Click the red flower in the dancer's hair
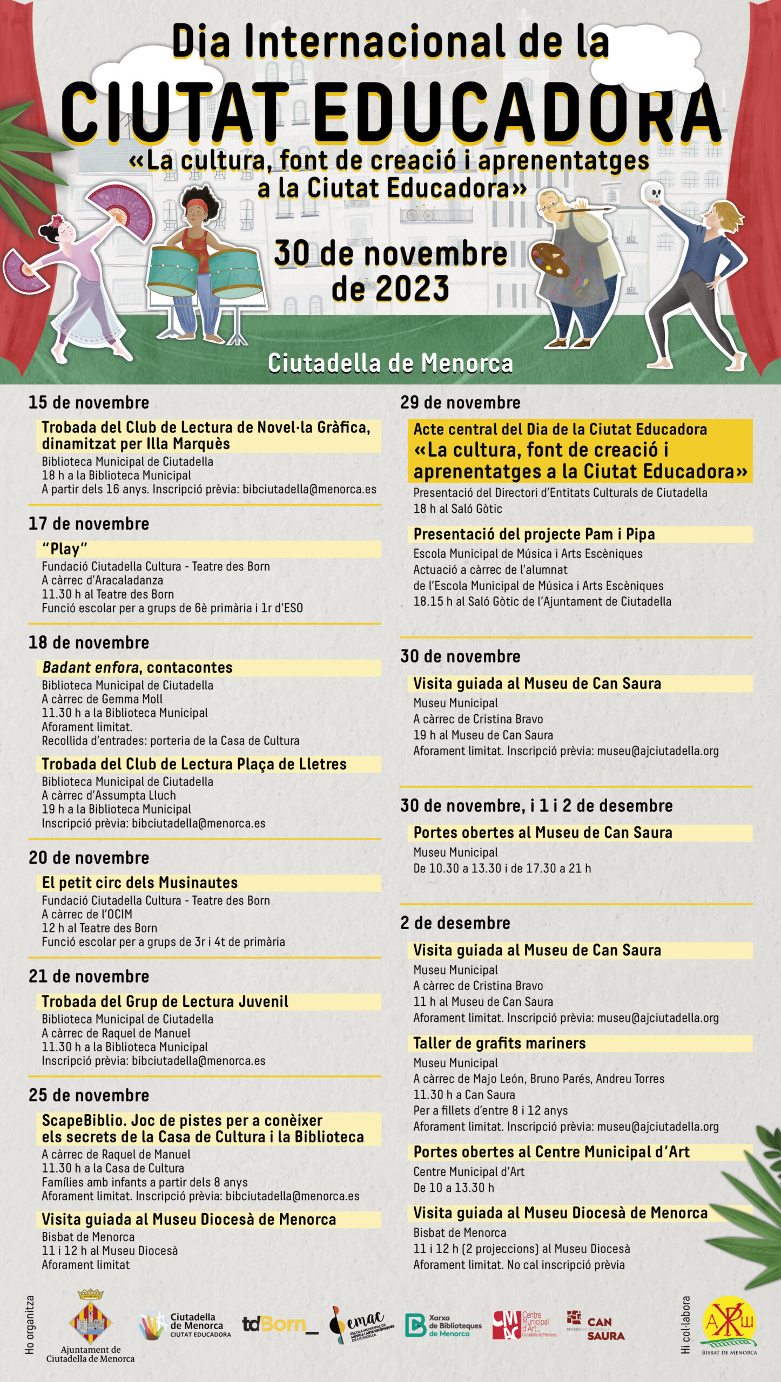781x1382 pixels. [57, 221]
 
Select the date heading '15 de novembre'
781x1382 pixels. [89, 403]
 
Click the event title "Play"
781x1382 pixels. [64, 549]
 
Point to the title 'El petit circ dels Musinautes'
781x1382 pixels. [140, 883]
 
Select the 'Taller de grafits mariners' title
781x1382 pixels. [499, 1043]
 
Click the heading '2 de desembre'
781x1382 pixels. [455, 923]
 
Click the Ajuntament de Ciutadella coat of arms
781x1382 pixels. [90, 1319]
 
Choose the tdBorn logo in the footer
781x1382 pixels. [279, 1324]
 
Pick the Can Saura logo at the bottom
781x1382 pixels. [596, 1325]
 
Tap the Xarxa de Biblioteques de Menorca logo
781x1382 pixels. [443, 1325]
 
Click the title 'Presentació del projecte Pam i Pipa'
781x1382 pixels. [534, 534]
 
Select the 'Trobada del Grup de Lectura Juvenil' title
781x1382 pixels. [165, 1002]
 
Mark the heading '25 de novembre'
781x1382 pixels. [89, 1095]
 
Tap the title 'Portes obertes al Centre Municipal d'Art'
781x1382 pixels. [551, 1152]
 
